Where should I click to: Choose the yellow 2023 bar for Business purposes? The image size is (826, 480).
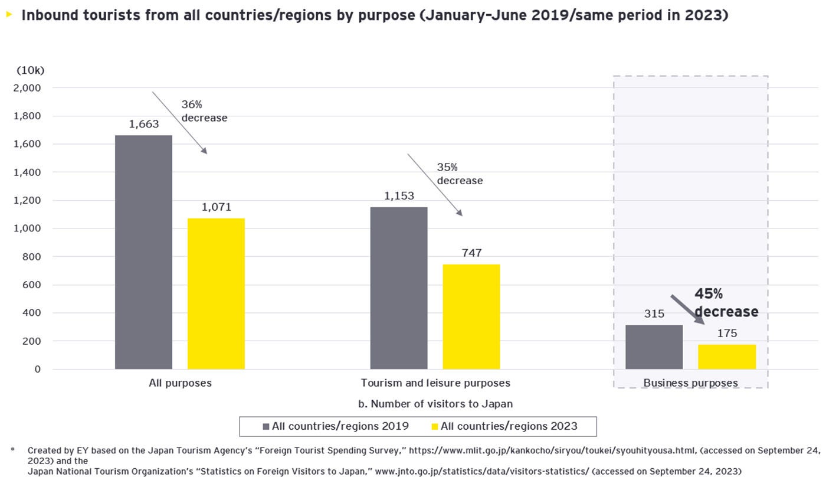[726, 357]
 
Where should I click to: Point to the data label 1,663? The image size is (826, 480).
[143, 125]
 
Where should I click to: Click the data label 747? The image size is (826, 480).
[471, 253]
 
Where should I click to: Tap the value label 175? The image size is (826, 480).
[727, 334]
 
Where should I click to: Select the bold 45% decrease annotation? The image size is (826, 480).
[726, 303]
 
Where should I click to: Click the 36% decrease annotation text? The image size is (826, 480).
[204, 111]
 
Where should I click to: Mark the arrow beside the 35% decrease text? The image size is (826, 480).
[434, 185]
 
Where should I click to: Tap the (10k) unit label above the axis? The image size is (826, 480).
[30, 71]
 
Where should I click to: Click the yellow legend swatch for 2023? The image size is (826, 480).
[435, 426]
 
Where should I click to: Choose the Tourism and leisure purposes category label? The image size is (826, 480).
[435, 383]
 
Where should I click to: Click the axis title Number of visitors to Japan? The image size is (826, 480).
[435, 404]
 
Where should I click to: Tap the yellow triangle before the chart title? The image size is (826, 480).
[9, 14]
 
